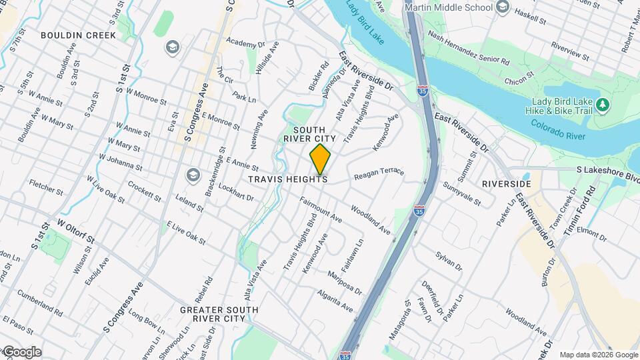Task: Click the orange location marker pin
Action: point(320,159)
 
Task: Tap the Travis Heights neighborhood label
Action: point(288,179)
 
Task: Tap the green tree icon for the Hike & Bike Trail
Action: point(603,105)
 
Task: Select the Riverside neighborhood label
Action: point(507,183)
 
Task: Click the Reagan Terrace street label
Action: point(379,173)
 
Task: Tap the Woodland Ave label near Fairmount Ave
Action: point(370,219)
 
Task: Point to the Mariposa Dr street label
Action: point(344,283)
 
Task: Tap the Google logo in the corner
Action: point(21,352)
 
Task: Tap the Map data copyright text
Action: point(598,355)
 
